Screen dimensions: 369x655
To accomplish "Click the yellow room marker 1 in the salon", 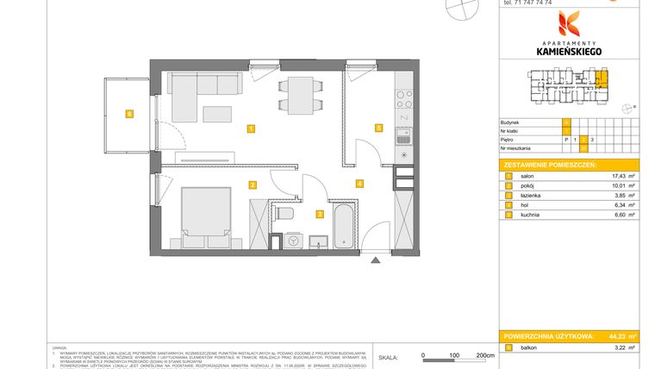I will (x=250, y=129).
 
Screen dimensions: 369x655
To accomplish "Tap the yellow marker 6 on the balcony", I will (x=128, y=113).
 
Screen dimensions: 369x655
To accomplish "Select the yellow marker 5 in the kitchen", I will (x=377, y=128).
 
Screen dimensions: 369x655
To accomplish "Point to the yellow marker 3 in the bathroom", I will (x=319, y=215).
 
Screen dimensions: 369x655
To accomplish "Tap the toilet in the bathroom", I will (x=288, y=213).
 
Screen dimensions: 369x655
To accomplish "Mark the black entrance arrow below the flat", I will (x=374, y=260).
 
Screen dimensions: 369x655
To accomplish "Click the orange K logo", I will (x=570, y=25).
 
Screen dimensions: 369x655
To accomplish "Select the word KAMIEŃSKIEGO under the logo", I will (x=570, y=52).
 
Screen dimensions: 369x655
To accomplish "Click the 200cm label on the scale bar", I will (x=486, y=355).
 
